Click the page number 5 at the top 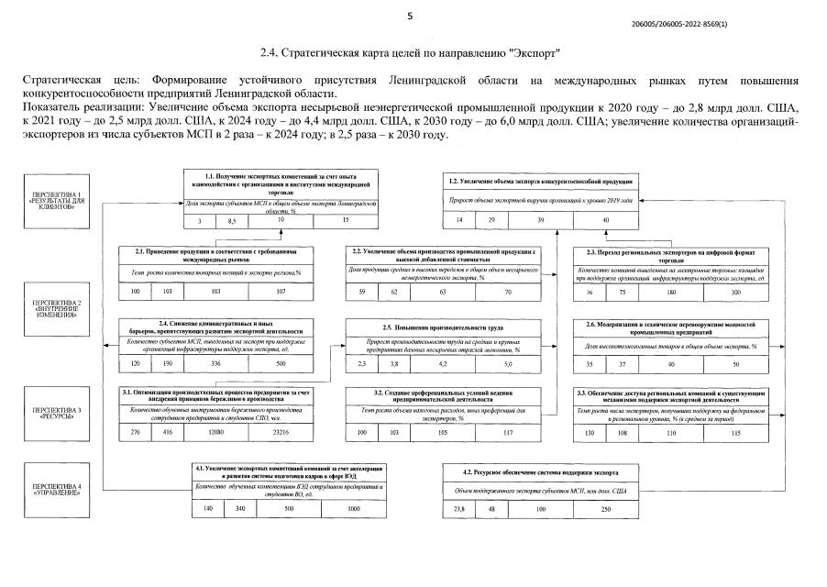tap(410, 16)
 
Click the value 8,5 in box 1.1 tap(231, 221)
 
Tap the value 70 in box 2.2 tap(507, 291)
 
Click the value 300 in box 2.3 tap(734, 291)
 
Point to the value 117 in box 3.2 tap(507, 432)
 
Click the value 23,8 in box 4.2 tap(459, 507)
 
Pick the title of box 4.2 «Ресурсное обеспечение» tap(541, 471)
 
